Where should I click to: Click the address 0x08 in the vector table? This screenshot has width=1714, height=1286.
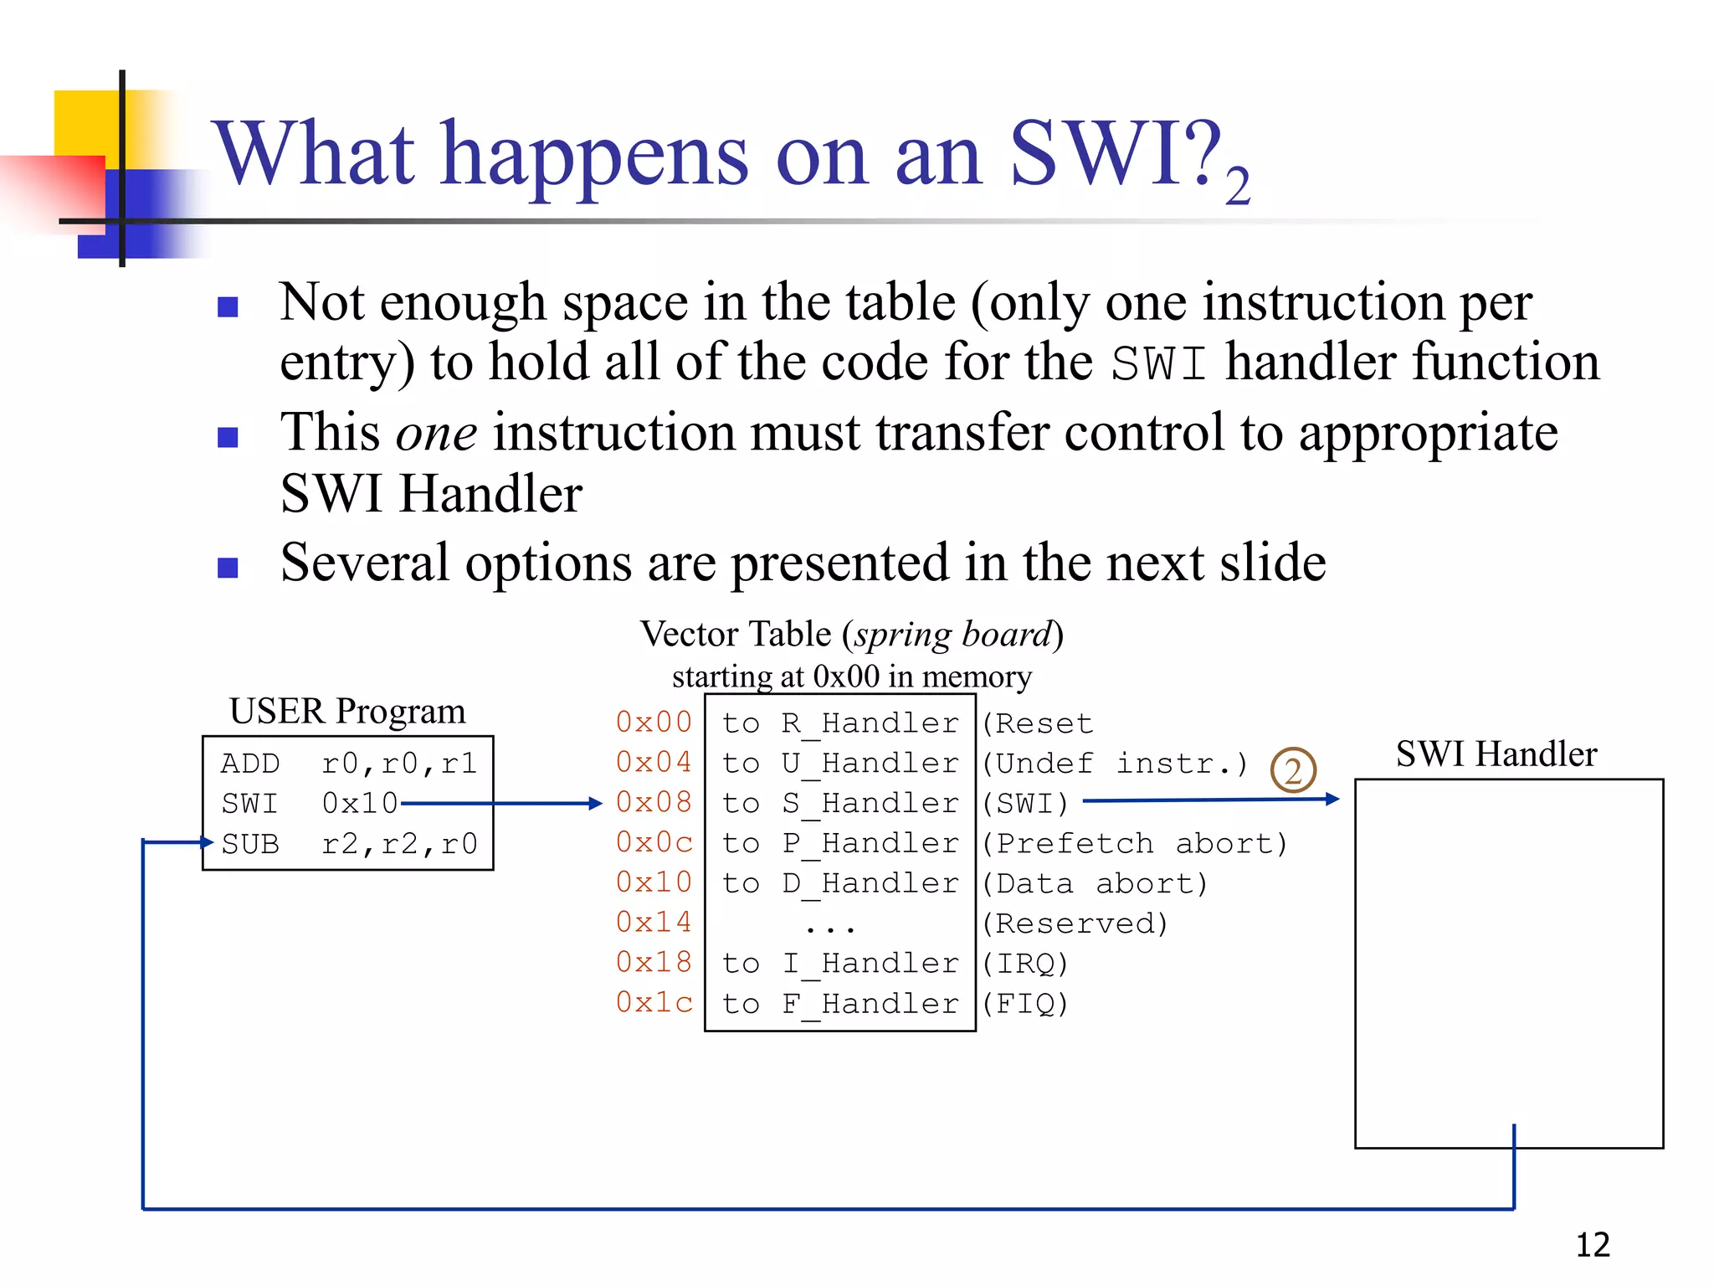coord(654,802)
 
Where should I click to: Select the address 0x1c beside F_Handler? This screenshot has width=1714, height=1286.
coord(654,1002)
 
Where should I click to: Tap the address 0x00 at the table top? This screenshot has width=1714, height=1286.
coord(654,722)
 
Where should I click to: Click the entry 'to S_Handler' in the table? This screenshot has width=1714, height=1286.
coord(839,803)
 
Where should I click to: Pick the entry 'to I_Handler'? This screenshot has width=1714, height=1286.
coord(839,963)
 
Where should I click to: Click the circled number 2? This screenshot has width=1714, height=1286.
coord(1293,770)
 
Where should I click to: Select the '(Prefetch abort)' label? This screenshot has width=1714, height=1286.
coord(1135,843)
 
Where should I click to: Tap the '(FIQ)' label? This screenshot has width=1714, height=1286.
coord(1025,1003)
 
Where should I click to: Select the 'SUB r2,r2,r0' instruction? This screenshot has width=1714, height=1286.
coord(349,844)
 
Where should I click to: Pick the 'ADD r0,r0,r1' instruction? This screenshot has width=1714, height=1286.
coord(349,764)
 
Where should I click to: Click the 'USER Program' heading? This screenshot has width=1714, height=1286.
coord(347,711)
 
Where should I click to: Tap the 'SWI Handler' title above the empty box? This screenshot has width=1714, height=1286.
coord(1496,754)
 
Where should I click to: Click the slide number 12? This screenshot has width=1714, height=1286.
coord(1593,1245)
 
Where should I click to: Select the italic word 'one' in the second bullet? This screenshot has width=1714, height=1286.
coord(436,434)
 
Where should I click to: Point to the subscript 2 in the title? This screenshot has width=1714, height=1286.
coord(1238,186)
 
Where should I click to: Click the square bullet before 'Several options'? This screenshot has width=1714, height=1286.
coord(228,568)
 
